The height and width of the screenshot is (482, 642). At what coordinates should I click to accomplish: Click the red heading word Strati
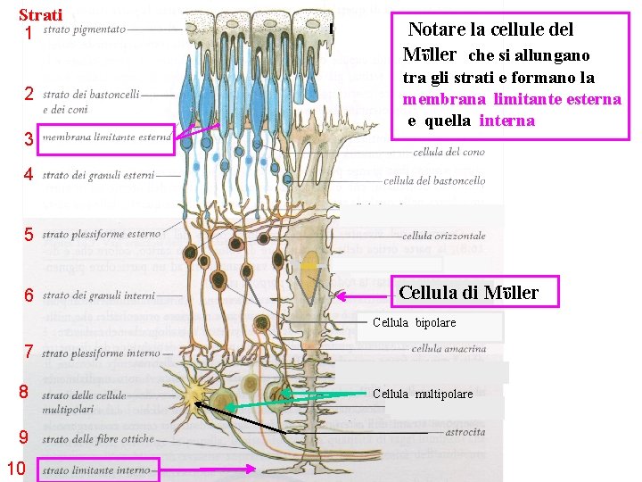[40, 15]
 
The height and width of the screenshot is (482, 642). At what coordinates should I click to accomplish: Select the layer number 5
[29, 235]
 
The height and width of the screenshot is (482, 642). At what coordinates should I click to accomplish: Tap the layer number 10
[16, 469]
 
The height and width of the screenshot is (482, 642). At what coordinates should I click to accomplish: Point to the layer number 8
[24, 391]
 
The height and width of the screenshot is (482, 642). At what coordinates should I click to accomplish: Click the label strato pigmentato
[84, 29]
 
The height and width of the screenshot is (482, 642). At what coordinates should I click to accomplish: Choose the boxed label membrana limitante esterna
[106, 137]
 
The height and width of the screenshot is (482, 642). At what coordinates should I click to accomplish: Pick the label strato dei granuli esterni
[98, 175]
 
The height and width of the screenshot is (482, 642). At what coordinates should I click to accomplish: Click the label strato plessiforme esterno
[102, 235]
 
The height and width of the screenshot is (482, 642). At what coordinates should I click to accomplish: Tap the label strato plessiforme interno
[102, 353]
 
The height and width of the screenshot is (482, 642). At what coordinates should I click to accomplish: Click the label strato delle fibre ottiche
[98, 439]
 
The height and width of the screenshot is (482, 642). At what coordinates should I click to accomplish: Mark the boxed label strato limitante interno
[97, 470]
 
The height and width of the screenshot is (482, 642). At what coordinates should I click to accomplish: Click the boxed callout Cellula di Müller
[475, 292]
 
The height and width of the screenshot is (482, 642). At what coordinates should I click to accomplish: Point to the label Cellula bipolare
[414, 322]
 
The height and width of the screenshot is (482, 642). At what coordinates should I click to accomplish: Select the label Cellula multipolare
[423, 394]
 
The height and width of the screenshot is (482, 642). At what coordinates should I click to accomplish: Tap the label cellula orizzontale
[443, 237]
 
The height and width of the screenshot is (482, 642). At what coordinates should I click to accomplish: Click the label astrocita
[467, 433]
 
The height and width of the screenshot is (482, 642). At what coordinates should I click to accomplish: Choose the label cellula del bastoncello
[434, 180]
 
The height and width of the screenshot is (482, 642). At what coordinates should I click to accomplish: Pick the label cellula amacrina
[449, 349]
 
